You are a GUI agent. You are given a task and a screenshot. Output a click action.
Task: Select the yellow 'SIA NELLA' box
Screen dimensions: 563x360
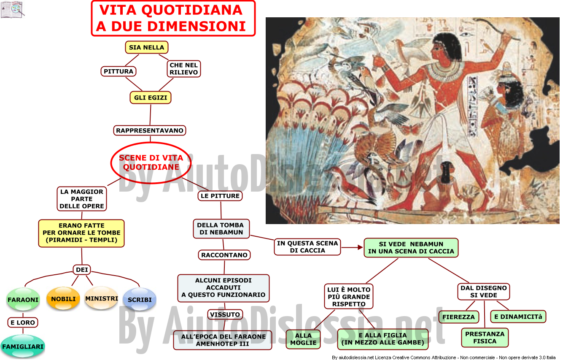146,47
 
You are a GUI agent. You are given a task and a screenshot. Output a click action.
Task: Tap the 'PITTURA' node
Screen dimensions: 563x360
119,71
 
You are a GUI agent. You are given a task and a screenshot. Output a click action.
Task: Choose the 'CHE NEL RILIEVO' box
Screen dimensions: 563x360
184,69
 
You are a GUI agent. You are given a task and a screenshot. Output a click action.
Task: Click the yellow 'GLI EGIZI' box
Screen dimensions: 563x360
151,97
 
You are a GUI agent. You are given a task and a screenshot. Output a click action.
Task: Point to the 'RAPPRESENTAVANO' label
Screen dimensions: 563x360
150,130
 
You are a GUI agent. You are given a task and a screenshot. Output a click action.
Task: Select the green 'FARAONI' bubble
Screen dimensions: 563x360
23,299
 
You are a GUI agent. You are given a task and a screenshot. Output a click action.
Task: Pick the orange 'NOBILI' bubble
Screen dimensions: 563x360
63,299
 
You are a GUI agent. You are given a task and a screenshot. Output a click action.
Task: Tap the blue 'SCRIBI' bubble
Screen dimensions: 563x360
140,299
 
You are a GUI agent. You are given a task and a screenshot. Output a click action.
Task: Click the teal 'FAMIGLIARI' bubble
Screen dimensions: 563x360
23,346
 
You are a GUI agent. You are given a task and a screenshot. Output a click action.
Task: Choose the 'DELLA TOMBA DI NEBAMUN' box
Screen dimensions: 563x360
221,229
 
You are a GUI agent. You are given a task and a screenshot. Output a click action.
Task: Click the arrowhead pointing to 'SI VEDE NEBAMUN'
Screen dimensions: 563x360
360,248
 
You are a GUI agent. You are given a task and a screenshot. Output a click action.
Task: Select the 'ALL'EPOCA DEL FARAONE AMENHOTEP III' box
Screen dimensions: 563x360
223,340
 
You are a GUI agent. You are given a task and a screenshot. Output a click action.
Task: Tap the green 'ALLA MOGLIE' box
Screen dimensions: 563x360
303,339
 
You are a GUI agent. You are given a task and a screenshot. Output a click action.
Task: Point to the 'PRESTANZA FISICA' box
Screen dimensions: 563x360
485,338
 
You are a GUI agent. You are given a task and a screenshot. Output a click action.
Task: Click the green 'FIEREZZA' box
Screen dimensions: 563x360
459,317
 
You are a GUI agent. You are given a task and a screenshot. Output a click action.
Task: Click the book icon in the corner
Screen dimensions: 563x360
12,10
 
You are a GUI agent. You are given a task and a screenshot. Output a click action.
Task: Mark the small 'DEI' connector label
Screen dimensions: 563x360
82,270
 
